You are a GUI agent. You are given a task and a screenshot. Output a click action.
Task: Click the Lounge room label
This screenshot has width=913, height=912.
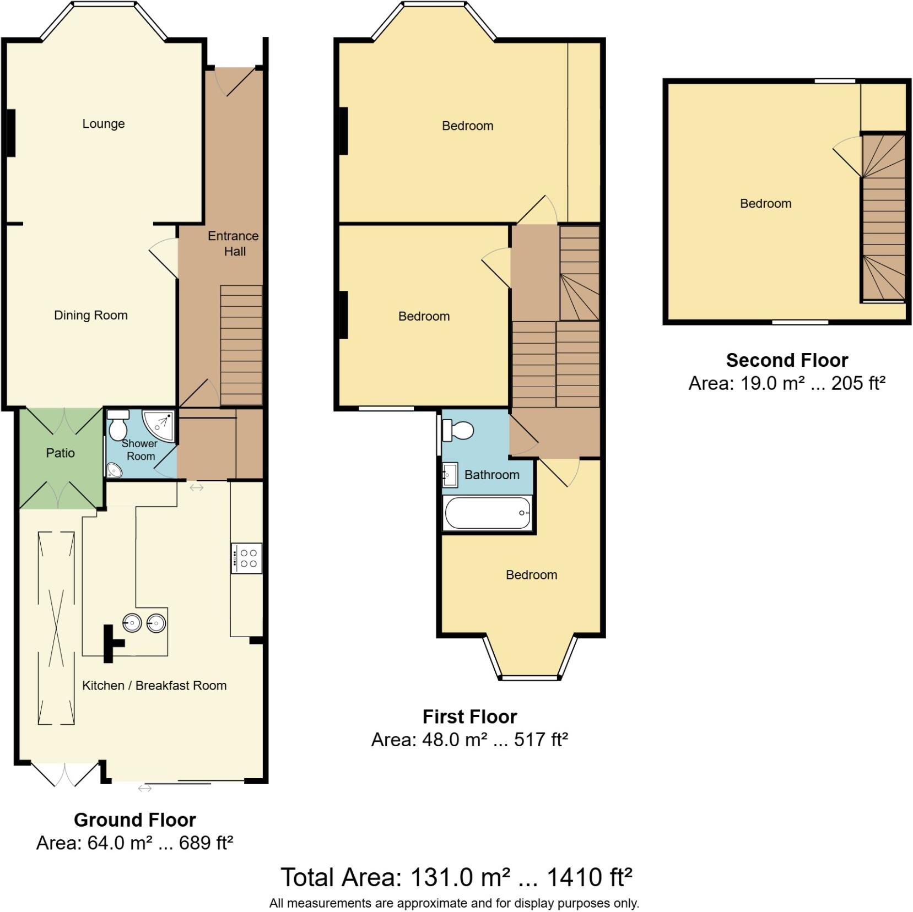pyautogui.click(x=104, y=124)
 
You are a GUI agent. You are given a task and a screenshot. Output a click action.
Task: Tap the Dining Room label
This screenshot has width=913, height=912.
pyautogui.click(x=91, y=316)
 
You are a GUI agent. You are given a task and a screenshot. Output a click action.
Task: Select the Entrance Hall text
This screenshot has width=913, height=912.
pyautogui.click(x=234, y=243)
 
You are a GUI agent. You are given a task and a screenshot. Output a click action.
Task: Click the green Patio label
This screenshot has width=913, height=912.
pyautogui.click(x=60, y=453)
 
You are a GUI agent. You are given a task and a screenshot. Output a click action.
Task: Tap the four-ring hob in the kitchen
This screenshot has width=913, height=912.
pyautogui.click(x=246, y=558)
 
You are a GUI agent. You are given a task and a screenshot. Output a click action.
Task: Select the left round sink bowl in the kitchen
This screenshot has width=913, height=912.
pyautogui.click(x=132, y=623)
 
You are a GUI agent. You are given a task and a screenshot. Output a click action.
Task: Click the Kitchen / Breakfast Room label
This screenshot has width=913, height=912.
pyautogui.click(x=154, y=686)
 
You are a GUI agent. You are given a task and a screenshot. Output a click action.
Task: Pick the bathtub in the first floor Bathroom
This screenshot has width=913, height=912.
pyautogui.click(x=487, y=513)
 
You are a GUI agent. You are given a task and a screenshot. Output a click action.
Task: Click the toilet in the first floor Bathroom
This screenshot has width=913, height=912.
pyautogui.click(x=459, y=430)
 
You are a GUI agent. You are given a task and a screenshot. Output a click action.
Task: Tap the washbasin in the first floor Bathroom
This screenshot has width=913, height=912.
pyautogui.click(x=450, y=475)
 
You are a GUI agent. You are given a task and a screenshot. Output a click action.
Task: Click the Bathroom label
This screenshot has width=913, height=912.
pyautogui.click(x=491, y=475)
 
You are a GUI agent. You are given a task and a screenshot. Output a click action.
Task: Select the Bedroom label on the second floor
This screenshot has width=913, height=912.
pyautogui.click(x=765, y=204)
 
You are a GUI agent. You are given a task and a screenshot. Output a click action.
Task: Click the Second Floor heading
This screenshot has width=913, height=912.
pyautogui.click(x=787, y=360)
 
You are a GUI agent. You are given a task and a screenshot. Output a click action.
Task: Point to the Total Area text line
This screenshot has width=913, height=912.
pyautogui.click(x=456, y=878)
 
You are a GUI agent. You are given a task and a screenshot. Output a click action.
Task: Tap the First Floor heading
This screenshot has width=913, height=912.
pyautogui.click(x=469, y=716)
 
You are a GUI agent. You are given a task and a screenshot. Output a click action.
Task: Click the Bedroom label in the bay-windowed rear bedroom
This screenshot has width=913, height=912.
pyautogui.click(x=531, y=575)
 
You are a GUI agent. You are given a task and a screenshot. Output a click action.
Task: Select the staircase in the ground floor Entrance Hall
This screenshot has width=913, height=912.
pyautogui.click(x=241, y=346)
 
